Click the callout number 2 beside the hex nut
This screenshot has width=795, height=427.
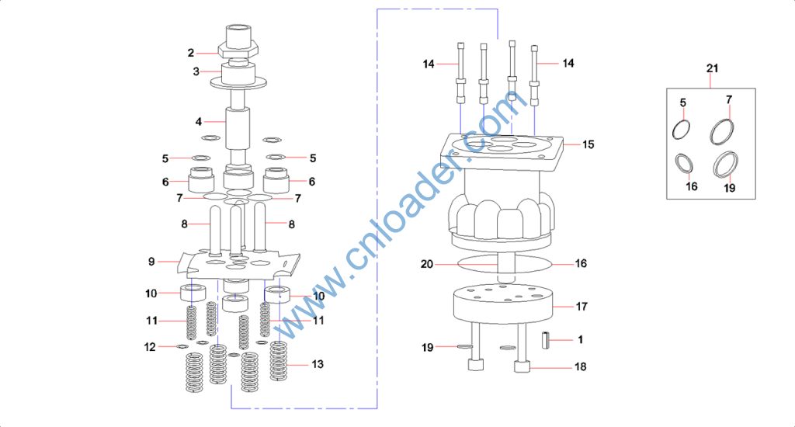coord(190,53)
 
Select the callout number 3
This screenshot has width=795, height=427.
coord(196,71)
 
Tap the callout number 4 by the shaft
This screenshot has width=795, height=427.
coord(199,122)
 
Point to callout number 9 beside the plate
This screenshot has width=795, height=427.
coord(152,262)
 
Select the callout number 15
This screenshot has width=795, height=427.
coord(588,144)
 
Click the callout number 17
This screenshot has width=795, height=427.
coord(581,307)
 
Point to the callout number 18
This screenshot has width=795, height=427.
coord(581,366)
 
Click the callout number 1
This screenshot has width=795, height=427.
coord(580,339)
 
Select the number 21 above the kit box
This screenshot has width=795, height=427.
coord(713,69)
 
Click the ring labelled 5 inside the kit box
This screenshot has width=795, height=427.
coord(681,129)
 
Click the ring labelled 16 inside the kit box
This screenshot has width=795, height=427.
coord(685,164)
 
